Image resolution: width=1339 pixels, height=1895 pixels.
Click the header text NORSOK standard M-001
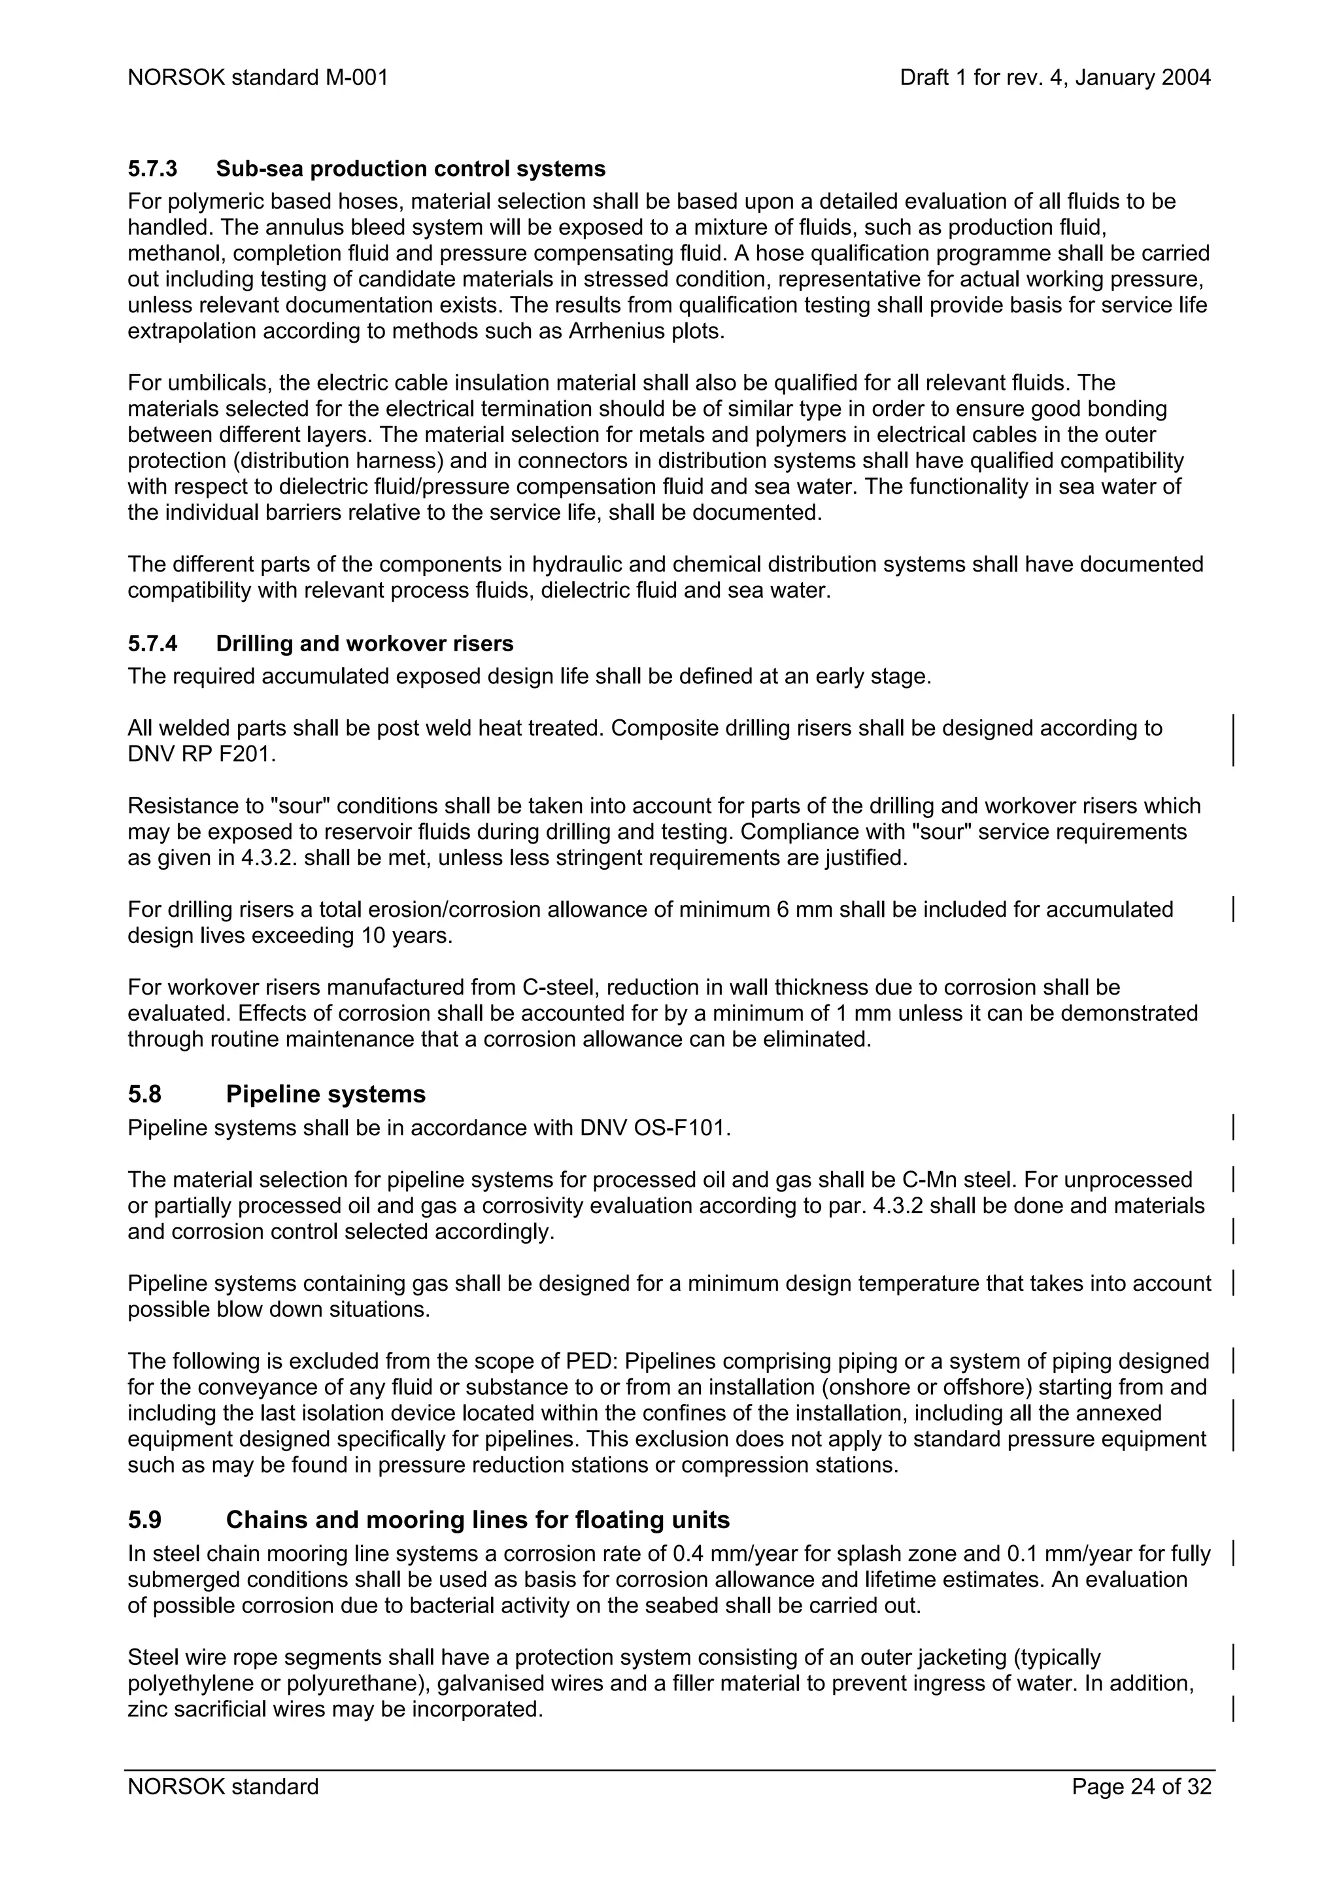[x=258, y=78]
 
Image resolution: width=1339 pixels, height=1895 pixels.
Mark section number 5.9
[x=144, y=1520]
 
